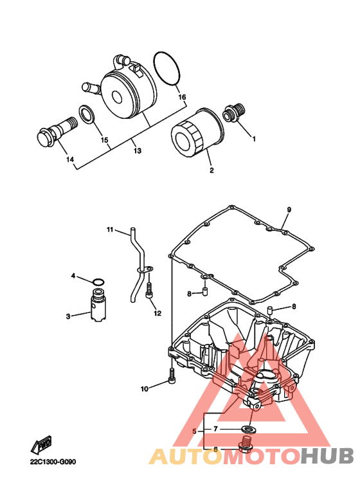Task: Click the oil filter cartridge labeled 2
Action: point(197,134)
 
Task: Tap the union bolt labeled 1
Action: point(235,113)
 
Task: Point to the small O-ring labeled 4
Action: point(98,282)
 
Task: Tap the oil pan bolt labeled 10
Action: point(172,376)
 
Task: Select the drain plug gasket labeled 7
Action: point(248,429)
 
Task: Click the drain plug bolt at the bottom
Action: point(246,444)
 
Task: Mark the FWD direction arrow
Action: point(41,445)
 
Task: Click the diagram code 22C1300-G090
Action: point(53,462)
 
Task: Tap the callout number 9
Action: point(289,210)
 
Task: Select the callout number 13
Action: point(137,151)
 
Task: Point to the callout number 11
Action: point(110,230)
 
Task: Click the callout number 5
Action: point(194,431)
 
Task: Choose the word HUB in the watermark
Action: point(327,456)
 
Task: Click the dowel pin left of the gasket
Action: point(204,291)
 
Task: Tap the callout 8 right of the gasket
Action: point(294,307)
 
